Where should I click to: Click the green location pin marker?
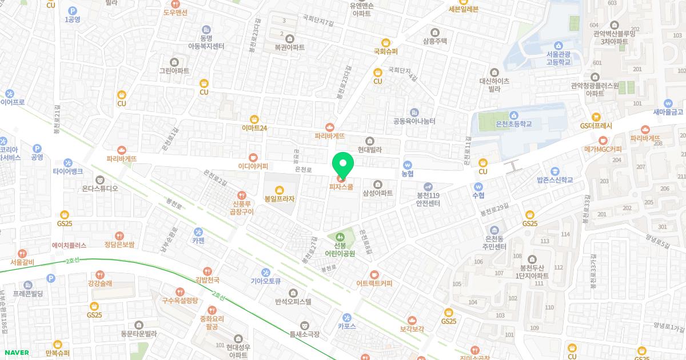(343, 165)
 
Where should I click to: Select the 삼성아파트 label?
(377, 193)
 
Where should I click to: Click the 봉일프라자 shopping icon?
(279, 190)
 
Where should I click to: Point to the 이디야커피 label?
(253, 166)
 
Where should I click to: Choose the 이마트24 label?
(254, 128)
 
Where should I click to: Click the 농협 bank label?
(407, 173)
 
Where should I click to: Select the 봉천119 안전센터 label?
(428, 198)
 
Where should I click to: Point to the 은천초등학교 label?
(514, 123)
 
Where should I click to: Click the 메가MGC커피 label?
(603, 149)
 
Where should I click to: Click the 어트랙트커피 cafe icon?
(374, 274)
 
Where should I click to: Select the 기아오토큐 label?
(265, 281)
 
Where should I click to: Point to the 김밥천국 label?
(208, 280)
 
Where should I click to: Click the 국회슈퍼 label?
(385, 51)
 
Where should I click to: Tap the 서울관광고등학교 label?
(558, 58)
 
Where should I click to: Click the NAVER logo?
(15, 353)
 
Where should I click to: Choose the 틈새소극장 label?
(304, 334)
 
